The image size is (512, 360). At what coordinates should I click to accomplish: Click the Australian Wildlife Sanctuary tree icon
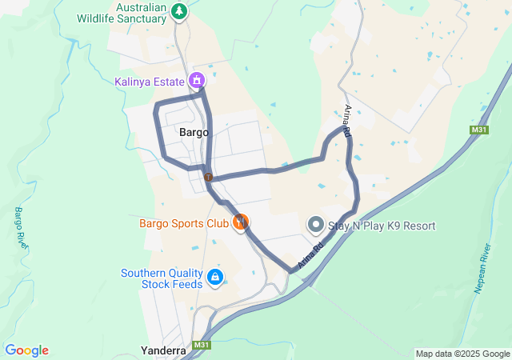coord(180,10)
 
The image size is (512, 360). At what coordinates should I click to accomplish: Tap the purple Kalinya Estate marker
coord(197,80)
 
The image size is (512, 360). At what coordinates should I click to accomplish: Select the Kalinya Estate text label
coord(150,81)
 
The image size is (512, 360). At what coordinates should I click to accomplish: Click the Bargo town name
coord(194,132)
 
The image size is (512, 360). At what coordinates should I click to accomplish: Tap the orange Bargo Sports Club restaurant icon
coord(240,222)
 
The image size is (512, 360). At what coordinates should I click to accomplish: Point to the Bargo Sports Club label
coord(184,222)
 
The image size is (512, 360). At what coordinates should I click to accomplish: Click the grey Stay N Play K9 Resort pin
coord(315,225)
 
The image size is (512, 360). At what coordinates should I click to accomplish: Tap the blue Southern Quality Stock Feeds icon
coord(214,278)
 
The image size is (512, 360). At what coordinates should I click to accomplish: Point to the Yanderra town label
coord(163,350)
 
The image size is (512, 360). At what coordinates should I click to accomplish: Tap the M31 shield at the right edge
coord(479,130)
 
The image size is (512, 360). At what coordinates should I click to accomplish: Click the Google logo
coord(26,350)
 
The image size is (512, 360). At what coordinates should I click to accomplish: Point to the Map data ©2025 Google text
coord(462,354)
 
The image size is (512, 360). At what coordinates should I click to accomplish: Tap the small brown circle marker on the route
coord(208,177)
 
